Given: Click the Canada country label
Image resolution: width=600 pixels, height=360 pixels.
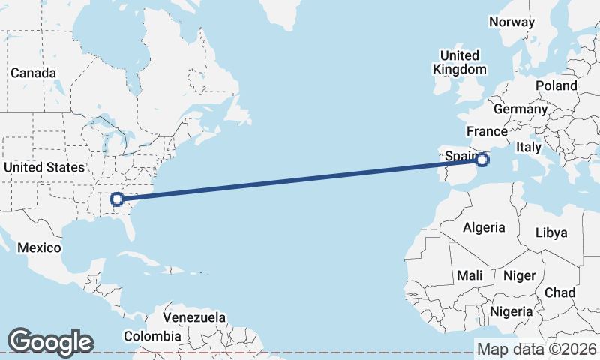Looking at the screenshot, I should [33, 73].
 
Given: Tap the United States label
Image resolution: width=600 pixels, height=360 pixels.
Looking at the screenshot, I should [43, 167].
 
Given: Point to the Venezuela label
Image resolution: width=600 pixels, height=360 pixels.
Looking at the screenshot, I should [194, 317].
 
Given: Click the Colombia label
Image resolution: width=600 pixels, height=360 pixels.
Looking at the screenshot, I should [152, 336].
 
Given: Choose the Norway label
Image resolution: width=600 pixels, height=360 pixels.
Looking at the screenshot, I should [511, 22].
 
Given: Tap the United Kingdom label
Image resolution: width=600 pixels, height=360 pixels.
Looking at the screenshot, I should [459, 62].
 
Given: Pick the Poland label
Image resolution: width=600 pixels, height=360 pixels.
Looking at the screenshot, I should [556, 85].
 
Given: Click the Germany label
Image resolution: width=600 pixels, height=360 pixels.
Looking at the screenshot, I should [520, 109].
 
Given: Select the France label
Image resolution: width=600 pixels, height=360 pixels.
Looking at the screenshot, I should [487, 130].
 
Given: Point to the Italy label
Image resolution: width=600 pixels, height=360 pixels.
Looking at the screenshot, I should [528, 148].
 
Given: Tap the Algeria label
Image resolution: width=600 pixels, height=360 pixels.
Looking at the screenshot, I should [484, 227].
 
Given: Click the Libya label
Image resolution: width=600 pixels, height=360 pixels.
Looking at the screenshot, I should [551, 232].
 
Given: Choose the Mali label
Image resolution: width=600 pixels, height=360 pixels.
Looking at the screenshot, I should [469, 275].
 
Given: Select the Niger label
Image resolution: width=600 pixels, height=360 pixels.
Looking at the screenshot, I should [519, 275].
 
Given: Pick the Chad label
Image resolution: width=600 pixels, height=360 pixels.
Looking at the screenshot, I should [560, 292].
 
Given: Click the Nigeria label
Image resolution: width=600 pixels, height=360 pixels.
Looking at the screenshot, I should [511, 310].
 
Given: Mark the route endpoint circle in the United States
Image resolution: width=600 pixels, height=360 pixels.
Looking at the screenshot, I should [116, 199].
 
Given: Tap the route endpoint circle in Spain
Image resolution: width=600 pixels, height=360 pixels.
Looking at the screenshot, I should [482, 159].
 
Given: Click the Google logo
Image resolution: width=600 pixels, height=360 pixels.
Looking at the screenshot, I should [50, 341].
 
